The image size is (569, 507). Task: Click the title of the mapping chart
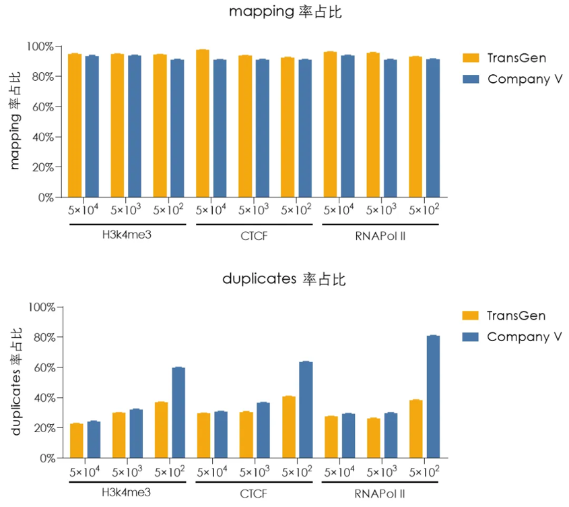tap(283, 12)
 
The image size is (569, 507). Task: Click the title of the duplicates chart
tap(283, 280)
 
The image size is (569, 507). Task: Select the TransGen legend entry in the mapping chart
tap(516, 58)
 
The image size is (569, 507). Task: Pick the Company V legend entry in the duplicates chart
tap(524, 336)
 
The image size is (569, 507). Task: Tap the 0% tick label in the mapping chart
tap(44, 198)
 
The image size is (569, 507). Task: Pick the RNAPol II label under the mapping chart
tap(380, 236)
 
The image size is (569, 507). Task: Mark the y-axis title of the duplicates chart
tap(17, 381)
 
